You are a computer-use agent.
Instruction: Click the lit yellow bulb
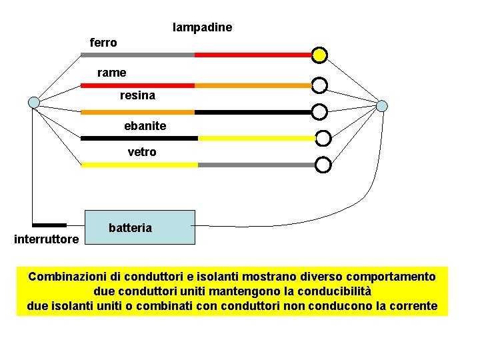click(x=320, y=55)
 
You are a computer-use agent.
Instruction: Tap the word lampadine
click(x=203, y=27)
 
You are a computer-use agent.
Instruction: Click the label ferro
click(x=103, y=43)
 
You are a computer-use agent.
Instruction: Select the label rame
click(x=111, y=72)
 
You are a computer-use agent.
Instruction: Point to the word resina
click(x=137, y=95)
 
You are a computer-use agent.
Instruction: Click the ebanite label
click(x=145, y=126)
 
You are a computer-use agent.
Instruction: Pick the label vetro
click(x=142, y=152)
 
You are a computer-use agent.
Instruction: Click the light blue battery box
click(x=140, y=227)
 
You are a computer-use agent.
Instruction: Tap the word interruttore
click(x=47, y=239)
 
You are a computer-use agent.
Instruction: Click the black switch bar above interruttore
click(x=49, y=225)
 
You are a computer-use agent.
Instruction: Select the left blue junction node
click(x=34, y=102)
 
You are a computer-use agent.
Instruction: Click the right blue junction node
click(x=382, y=106)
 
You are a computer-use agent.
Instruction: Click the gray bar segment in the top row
click(x=137, y=55)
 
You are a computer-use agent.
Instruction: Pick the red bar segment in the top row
click(x=253, y=55)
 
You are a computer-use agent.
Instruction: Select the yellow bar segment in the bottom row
click(x=139, y=165)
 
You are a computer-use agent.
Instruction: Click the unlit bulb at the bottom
click(x=323, y=165)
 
